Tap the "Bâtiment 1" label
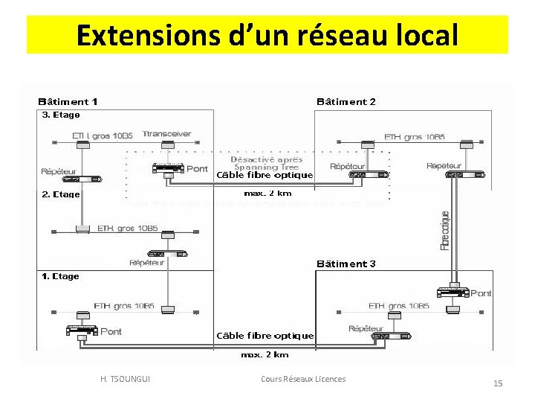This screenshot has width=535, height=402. pyautogui.click(x=68, y=101)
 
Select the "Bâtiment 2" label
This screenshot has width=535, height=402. pyautogui.click(x=346, y=101)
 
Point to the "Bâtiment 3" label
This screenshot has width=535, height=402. pyautogui.click(x=346, y=264)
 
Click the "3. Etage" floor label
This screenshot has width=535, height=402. pyautogui.click(x=60, y=115)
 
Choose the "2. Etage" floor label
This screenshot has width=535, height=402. pyautogui.click(x=60, y=194)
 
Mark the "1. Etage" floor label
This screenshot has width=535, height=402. pyautogui.click(x=60, y=276)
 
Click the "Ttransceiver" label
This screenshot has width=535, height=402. pyautogui.click(x=166, y=135)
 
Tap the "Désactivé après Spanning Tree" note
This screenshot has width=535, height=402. pyautogui.click(x=256, y=164)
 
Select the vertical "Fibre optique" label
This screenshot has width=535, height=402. pyautogui.click(x=445, y=229)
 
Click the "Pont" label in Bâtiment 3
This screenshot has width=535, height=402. pyautogui.click(x=481, y=293)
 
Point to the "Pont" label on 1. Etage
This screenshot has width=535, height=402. pyautogui.click(x=110, y=331)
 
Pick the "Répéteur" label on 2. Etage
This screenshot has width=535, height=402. pyautogui.click(x=146, y=262)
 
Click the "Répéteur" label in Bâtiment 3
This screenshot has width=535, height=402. pyautogui.click(x=366, y=328)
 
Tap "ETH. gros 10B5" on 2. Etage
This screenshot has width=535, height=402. pyautogui.click(x=127, y=229)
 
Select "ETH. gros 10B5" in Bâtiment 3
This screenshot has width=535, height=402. pyautogui.click(x=398, y=306)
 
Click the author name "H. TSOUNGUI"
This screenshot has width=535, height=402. pyautogui.click(x=125, y=380)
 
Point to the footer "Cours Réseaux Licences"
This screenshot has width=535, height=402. pyautogui.click(x=303, y=380)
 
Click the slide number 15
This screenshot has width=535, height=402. pyautogui.click(x=498, y=383)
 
